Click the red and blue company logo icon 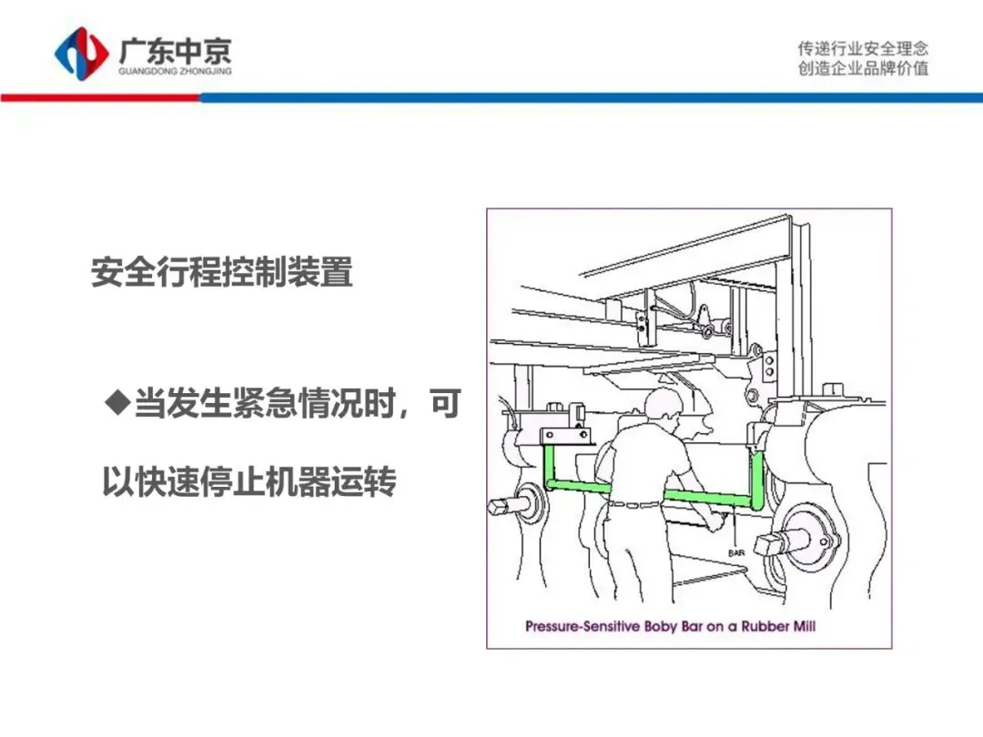click(x=81, y=53)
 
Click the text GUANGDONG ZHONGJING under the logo click(x=175, y=71)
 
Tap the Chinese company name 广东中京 click(x=175, y=50)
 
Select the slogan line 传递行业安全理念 click(x=863, y=48)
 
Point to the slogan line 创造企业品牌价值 click(x=863, y=68)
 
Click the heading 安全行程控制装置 click(x=221, y=272)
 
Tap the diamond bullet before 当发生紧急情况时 click(x=117, y=402)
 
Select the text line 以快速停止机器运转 click(x=249, y=481)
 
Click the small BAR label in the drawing click(x=736, y=552)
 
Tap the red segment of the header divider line click(x=100, y=97)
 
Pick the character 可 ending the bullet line click(x=446, y=402)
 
